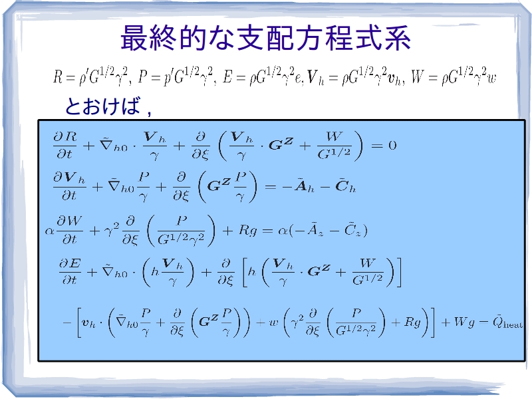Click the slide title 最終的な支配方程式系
pos(265,38)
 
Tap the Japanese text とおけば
pos(102,106)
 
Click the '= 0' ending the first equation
pos(384,146)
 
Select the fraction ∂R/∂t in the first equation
pos(65,145)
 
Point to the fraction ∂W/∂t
pos(70,230)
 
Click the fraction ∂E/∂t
pos(70,272)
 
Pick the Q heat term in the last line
pos(507,322)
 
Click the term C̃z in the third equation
pos(354,230)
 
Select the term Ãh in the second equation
pos(304,187)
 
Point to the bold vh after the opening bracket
pos(88,323)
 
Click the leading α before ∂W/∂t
pos(49,231)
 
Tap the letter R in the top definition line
pos(58,77)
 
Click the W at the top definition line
pos(417,77)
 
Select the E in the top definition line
pos(227,77)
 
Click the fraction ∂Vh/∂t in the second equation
pos(69,186)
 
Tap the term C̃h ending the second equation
pos(345,187)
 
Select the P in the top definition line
pos(143,77)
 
